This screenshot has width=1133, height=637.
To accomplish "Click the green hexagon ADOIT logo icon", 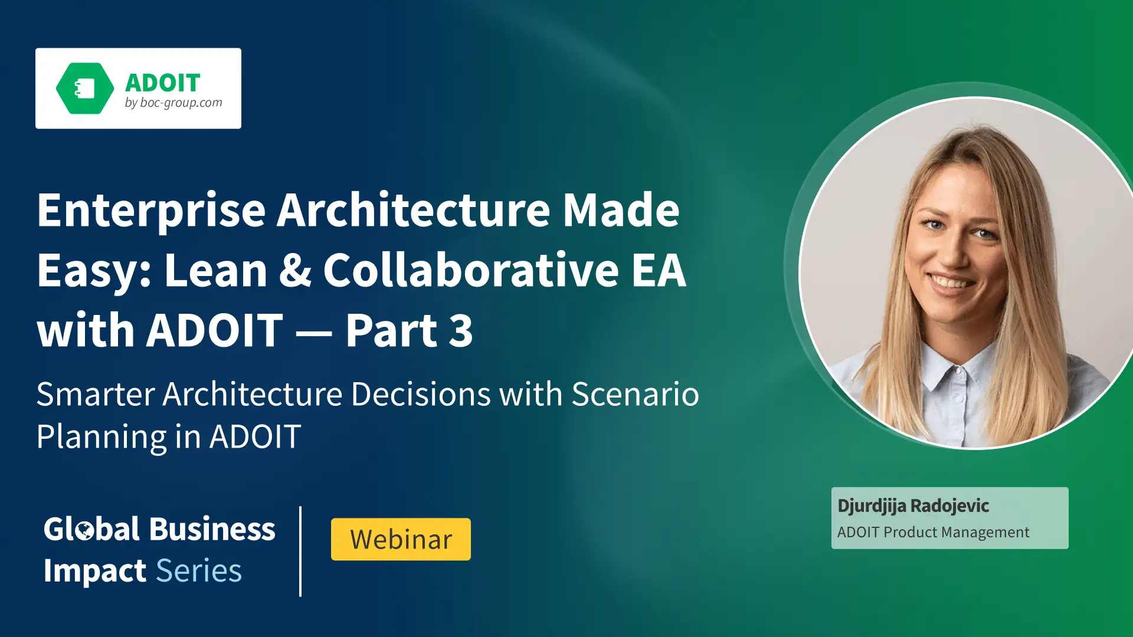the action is (x=85, y=88).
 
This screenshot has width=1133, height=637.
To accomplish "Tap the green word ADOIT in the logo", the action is (x=163, y=83).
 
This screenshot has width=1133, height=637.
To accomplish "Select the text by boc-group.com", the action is (x=173, y=103).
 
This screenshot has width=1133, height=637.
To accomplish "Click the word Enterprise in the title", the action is (x=152, y=212).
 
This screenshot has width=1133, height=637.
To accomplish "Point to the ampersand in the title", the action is (x=295, y=270).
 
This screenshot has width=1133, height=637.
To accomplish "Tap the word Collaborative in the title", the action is (x=471, y=270).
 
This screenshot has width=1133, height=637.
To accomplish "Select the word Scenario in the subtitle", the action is (x=635, y=394).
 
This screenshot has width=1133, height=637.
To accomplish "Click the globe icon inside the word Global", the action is (x=85, y=530).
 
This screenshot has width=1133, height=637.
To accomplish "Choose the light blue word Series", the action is (x=199, y=571).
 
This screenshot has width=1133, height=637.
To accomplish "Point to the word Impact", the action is (x=95, y=572).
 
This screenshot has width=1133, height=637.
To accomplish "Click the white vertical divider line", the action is (x=300, y=551).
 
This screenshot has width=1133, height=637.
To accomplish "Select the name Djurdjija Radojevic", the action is (x=913, y=506).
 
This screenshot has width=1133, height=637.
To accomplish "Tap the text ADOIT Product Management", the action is (x=933, y=533).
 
